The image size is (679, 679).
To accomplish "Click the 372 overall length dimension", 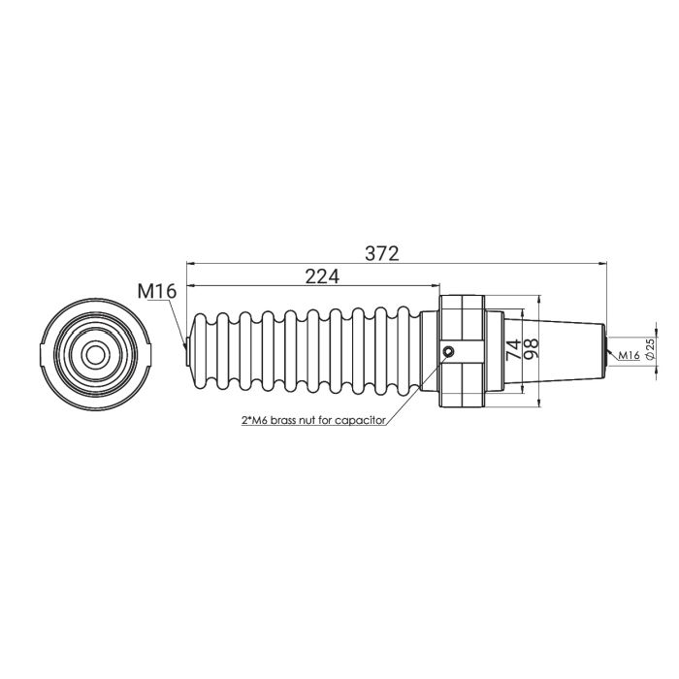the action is click(381, 253).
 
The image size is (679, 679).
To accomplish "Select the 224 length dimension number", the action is click(322, 276).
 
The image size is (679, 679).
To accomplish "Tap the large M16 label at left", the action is click(157, 291).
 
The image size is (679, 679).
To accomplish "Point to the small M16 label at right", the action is click(629, 355).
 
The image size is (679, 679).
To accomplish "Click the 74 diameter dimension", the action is click(514, 349).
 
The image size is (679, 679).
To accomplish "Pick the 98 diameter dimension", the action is click(532, 348).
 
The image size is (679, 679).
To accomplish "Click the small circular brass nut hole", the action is click(449, 351).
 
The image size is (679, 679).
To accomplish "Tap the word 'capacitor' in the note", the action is click(360, 420).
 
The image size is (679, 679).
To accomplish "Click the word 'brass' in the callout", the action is click(285, 420).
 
